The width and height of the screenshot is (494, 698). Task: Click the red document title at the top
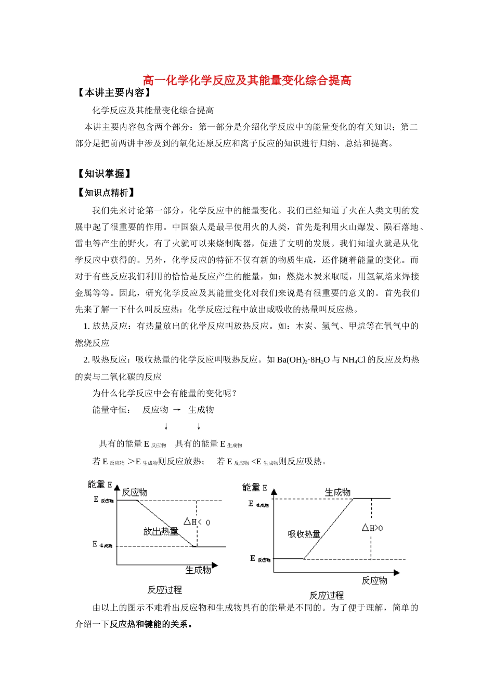click(247, 80)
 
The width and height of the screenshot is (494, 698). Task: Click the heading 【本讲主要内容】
click(114, 93)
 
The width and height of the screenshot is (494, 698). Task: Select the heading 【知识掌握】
click(103, 174)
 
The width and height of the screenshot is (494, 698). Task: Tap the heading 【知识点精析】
click(106, 193)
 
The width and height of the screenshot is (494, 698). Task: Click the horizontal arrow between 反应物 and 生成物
click(177, 410)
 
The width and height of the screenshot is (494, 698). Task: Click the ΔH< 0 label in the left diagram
click(197, 521)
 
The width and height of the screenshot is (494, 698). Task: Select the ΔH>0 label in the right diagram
click(372, 528)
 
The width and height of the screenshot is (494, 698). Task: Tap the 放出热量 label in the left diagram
click(161, 531)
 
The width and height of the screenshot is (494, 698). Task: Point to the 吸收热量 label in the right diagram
click(304, 534)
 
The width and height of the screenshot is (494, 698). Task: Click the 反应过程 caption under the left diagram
click(164, 589)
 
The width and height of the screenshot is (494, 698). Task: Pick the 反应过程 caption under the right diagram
click(327, 595)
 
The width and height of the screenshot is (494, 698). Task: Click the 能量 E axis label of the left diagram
click(100, 485)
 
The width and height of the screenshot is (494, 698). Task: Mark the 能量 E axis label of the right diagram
click(254, 487)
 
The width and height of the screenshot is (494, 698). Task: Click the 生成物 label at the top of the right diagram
click(337, 492)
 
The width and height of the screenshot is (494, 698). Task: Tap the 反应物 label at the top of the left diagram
click(135, 492)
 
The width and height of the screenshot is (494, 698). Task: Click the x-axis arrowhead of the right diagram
click(397, 572)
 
